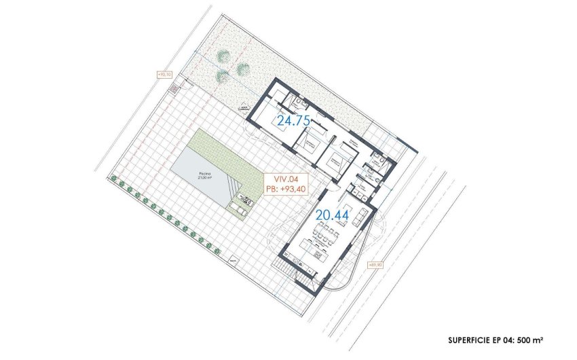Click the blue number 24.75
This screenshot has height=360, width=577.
(x=293, y=122)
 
